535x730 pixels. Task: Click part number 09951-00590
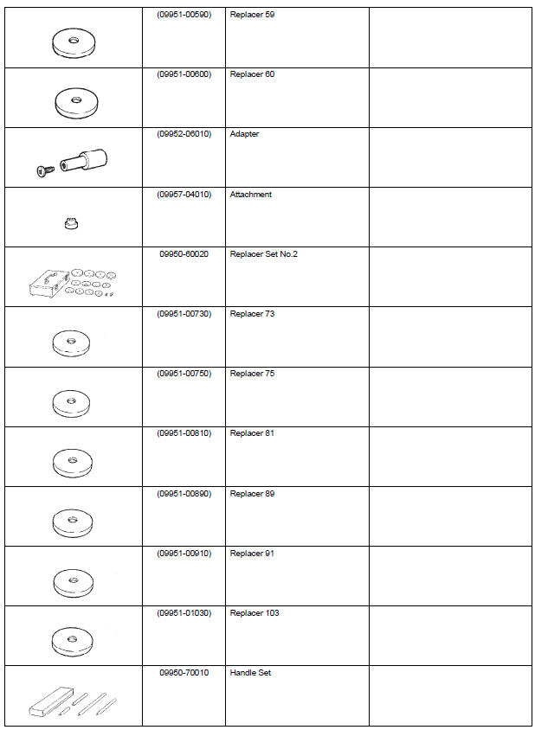184,16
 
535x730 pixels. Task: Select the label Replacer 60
252,75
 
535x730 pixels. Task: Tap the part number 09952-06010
184,135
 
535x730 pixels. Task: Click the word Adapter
244,135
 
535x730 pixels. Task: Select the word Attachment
250,195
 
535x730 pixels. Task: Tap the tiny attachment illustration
71,225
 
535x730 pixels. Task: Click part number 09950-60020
184,254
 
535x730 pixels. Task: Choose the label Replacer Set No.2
264,254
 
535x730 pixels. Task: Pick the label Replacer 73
252,314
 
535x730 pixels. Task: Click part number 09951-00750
184,374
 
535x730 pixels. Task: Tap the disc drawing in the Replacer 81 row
72,460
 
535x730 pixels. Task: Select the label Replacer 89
252,494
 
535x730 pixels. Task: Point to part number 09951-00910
184,554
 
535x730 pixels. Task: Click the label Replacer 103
255,613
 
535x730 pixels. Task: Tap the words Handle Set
250,673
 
